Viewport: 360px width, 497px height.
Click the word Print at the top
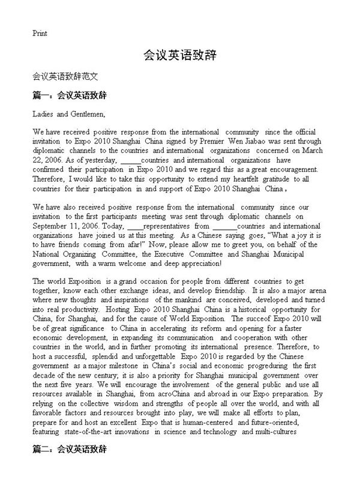click(40, 33)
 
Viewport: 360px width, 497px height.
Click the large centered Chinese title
click(180, 56)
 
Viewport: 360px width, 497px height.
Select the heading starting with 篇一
click(70, 95)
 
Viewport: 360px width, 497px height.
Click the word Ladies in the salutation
click(44, 113)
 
